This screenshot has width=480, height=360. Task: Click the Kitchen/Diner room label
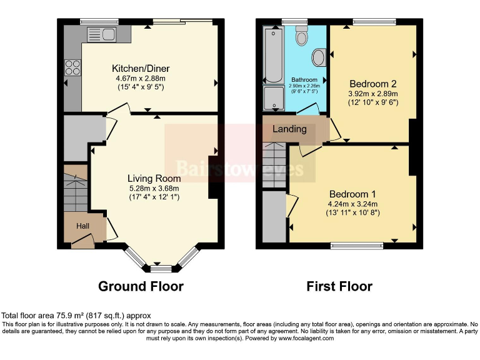[141, 68]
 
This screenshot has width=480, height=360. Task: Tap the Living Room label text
[154, 178]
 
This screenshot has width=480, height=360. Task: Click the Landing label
[290, 129]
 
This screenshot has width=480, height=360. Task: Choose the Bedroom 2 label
[373, 84]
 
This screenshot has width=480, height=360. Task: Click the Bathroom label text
[304, 80]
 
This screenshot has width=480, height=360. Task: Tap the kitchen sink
[102, 34]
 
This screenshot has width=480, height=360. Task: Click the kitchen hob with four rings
[72, 65]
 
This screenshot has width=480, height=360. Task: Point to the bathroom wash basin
[318, 58]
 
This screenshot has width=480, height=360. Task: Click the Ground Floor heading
[141, 287]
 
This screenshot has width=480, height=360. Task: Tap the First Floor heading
[339, 287]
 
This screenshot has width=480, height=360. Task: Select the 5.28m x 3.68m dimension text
[154, 188]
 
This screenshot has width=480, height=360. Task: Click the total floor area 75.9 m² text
[76, 316]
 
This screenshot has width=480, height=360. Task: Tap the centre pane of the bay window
[161, 269]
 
